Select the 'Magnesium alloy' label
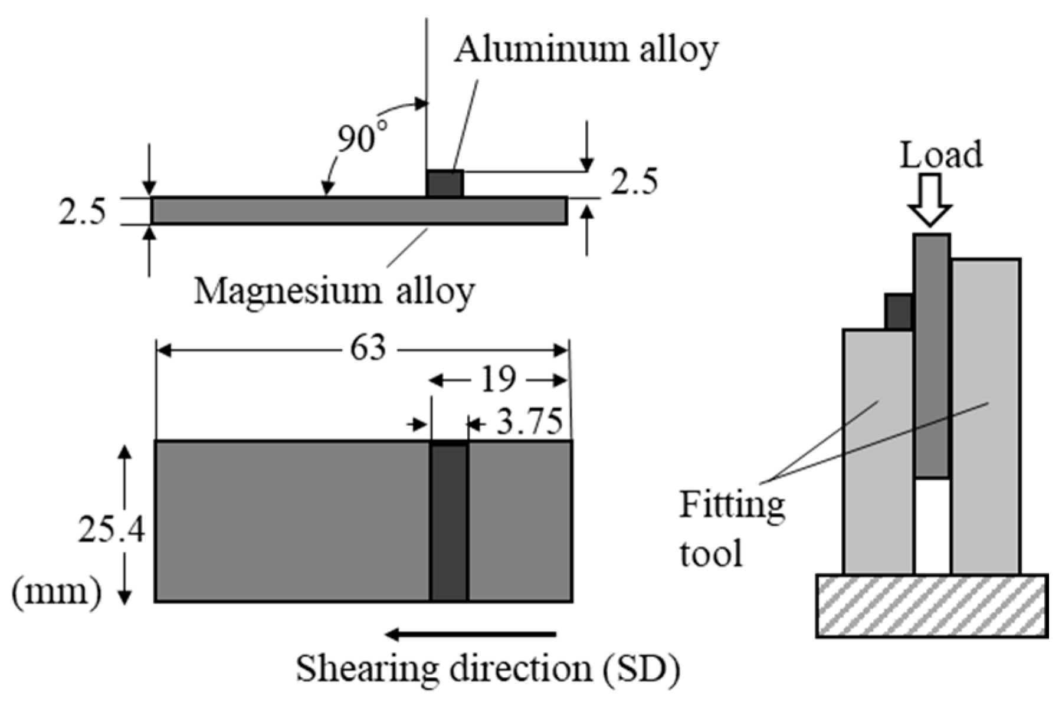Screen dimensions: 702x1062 coord(334,290)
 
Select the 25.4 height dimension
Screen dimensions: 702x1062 coord(111,530)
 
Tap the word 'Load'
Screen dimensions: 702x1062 coord(941,155)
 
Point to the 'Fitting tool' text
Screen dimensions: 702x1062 coord(732,529)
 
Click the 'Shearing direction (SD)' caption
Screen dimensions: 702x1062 coord(487,669)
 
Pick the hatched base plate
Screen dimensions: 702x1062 coord(932,605)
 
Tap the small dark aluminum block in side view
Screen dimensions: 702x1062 coord(445,183)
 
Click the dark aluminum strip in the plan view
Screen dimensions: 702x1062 coord(449,521)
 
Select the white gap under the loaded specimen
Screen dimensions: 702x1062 coord(933,526)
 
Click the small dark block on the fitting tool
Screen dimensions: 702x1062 coord(899,311)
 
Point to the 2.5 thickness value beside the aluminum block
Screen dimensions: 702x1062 coord(634,182)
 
